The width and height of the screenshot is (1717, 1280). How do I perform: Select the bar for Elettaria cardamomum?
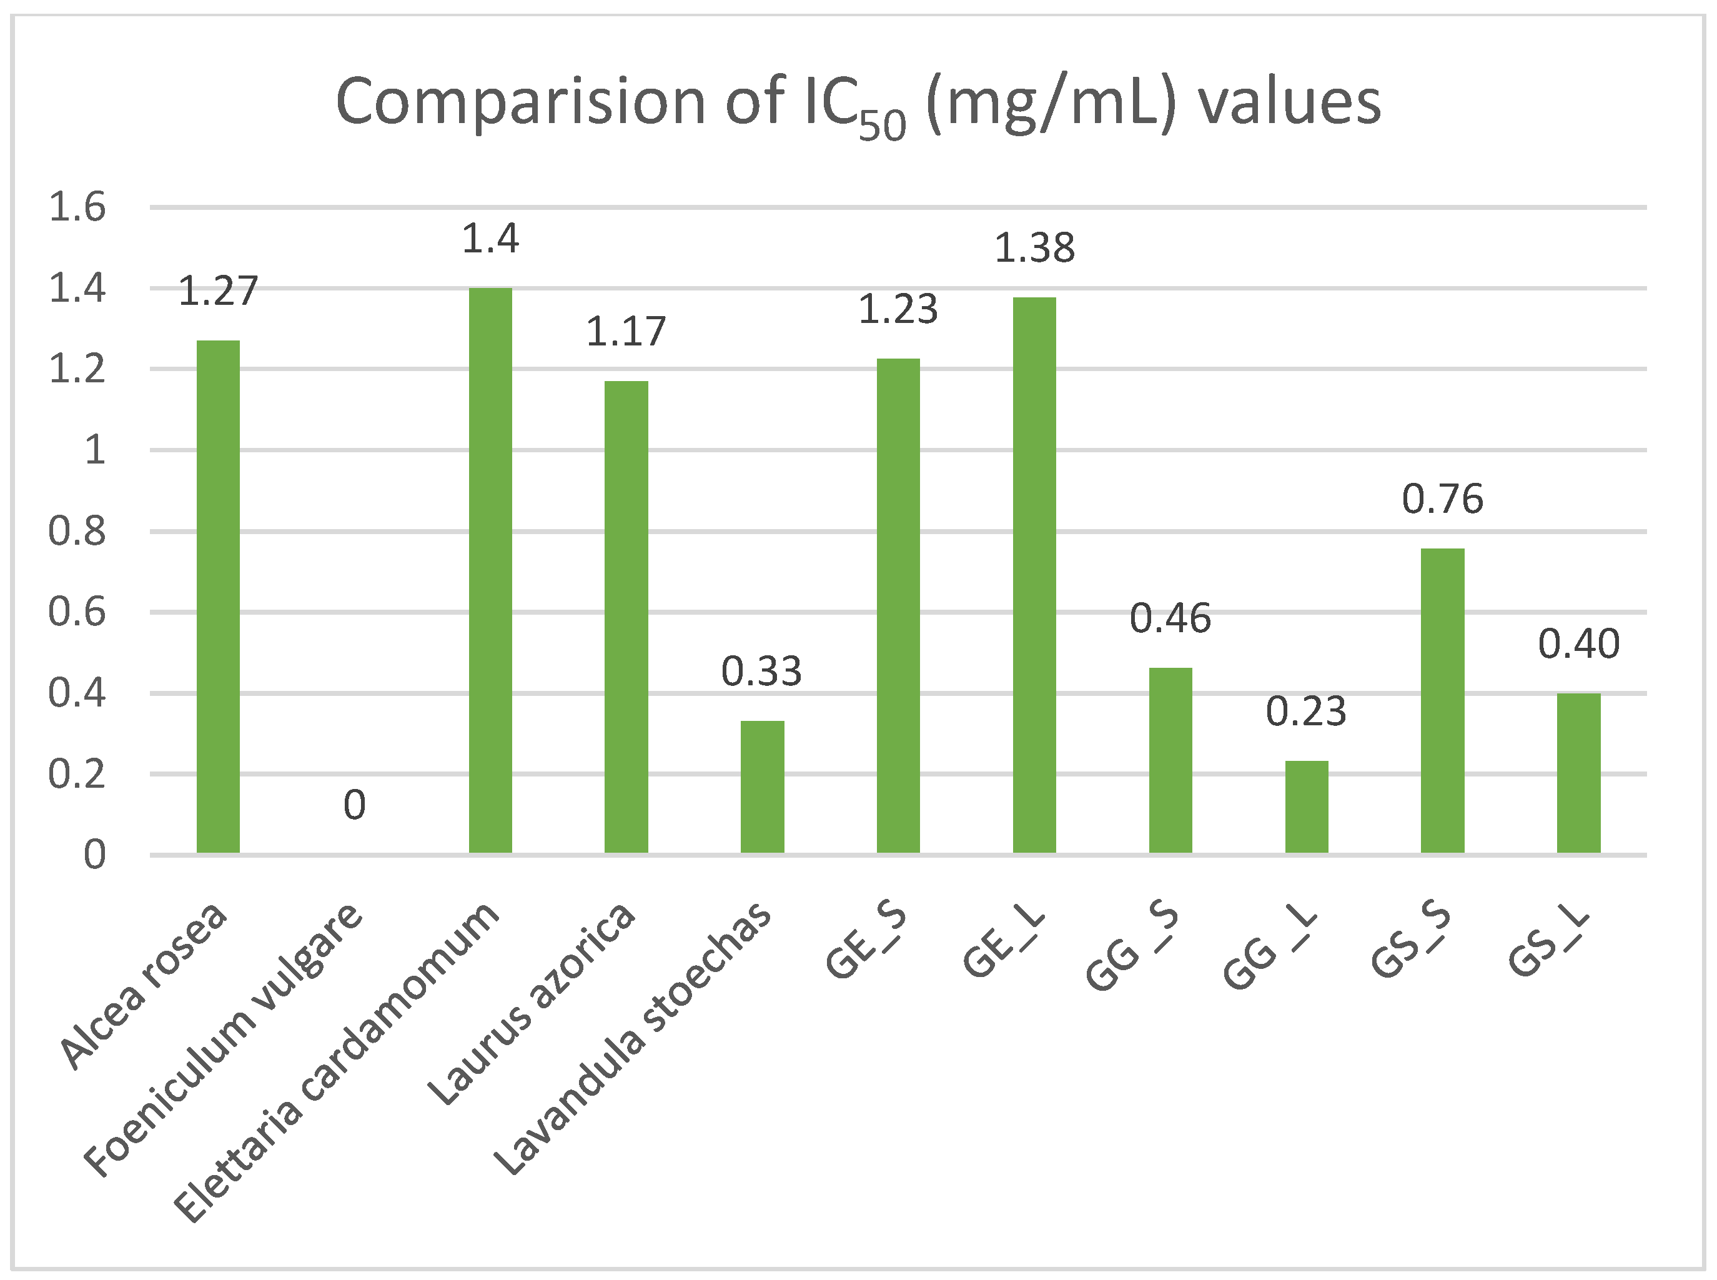pyautogui.click(x=490, y=570)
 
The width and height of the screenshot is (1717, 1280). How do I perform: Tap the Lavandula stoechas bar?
pyautogui.click(x=762, y=786)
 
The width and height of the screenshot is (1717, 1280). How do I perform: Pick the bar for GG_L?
pyautogui.click(x=1307, y=806)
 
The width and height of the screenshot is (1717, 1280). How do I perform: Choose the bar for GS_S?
pyautogui.click(x=1442, y=700)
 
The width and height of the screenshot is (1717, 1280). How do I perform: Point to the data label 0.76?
pyautogui.click(x=1442, y=499)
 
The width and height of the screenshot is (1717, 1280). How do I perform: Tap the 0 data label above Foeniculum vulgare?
pyautogui.click(x=354, y=805)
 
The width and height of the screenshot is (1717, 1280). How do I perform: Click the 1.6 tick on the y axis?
pyautogui.click(x=77, y=207)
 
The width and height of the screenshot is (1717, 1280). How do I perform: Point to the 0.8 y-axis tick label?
pyautogui.click(x=77, y=532)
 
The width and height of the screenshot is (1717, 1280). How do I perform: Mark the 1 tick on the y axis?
pyautogui.click(x=94, y=450)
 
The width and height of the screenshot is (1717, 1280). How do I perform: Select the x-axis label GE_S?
pyautogui.click(x=866, y=941)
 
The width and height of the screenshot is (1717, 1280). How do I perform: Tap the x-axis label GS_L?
pyautogui.click(x=1549, y=941)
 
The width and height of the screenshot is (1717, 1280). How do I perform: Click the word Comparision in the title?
pyautogui.click(x=520, y=101)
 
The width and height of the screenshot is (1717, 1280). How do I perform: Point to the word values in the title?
pyautogui.click(x=1290, y=101)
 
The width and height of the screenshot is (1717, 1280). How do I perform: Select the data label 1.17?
pyautogui.click(x=626, y=332)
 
